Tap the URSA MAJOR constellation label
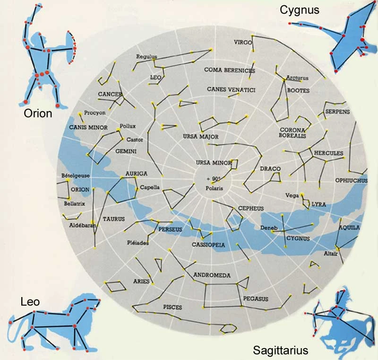tap(200, 137)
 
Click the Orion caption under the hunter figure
tap(38, 114)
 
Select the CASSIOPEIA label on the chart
tap(208, 245)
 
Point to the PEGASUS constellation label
tap(256, 299)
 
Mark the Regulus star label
tap(146, 56)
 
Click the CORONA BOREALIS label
tap(293, 133)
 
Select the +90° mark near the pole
tap(214, 178)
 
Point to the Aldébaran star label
tap(83, 226)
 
